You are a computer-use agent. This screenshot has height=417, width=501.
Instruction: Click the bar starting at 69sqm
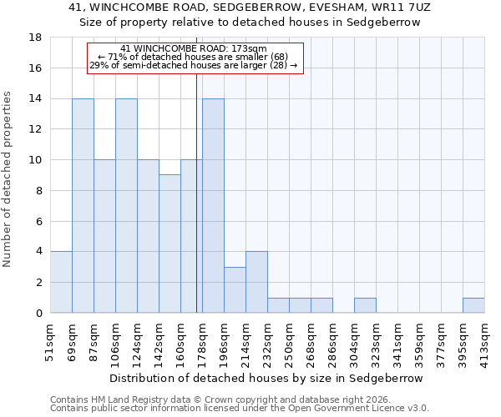tap(83, 206)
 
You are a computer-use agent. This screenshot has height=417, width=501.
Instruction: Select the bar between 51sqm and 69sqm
tap(61, 282)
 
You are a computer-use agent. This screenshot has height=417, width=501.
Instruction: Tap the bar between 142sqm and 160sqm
tap(170, 244)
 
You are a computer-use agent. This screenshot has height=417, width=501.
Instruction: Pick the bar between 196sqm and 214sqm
tap(235, 289)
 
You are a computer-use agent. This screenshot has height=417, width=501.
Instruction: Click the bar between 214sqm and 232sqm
tap(256, 282)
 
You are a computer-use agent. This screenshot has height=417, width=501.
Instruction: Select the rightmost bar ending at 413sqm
tap(473, 305)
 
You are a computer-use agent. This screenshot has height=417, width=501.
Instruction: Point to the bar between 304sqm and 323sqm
tap(365, 305)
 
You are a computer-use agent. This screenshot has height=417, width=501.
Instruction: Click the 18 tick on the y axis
tap(36, 38)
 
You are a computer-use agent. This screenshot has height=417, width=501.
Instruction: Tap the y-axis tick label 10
tap(36, 160)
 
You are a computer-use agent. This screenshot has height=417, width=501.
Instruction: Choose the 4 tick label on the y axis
tap(38, 252)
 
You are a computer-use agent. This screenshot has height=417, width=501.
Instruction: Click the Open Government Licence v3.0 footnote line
tap(240, 409)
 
